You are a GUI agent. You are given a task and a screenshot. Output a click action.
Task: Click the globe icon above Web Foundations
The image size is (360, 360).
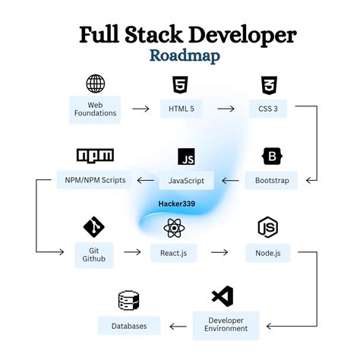pyautogui.click(x=96, y=83)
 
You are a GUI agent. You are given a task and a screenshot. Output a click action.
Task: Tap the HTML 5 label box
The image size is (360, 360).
pyautogui.click(x=181, y=109)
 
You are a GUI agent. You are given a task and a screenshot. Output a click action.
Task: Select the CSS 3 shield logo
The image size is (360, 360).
pyautogui.click(x=267, y=84)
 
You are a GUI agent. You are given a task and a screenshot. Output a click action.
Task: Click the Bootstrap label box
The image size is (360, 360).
pyautogui.click(x=271, y=181)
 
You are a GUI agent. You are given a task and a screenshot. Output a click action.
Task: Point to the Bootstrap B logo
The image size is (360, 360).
pyautogui.click(x=271, y=156)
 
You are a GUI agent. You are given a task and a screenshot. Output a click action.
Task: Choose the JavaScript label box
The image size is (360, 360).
pyautogui.click(x=186, y=181)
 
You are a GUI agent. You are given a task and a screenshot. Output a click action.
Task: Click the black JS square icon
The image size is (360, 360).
pyautogui.click(x=186, y=156)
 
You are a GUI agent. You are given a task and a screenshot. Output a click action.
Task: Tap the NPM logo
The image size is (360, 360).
pyautogui.click(x=96, y=156)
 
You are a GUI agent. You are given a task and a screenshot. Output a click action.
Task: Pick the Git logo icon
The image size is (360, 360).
pyautogui.click(x=94, y=226)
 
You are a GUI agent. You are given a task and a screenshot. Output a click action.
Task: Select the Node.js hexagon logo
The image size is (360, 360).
pyautogui.click(x=267, y=226)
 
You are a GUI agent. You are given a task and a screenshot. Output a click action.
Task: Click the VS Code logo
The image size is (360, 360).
pyautogui.click(x=223, y=297)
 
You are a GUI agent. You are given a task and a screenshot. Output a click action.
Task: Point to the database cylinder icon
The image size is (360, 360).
pyautogui.click(x=129, y=301)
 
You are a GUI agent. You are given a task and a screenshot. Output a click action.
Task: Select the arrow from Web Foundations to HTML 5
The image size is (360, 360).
pyautogui.click(x=140, y=109)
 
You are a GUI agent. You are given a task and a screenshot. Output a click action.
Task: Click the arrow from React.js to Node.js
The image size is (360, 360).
pyautogui.click(x=219, y=252)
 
